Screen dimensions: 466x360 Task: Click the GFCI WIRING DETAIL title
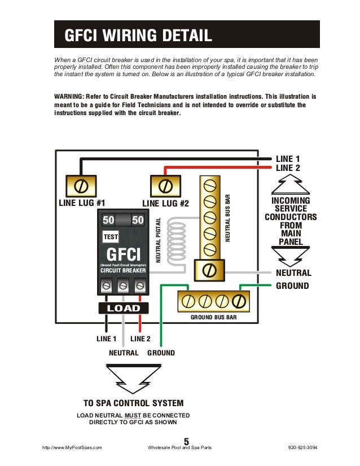138,36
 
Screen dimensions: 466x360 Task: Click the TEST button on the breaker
110,237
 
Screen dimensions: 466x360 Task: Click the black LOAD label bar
123,308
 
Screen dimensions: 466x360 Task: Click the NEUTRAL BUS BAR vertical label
228,219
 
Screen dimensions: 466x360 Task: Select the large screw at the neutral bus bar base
209,270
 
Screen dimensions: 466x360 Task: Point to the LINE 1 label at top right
288,159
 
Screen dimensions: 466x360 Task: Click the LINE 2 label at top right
288,168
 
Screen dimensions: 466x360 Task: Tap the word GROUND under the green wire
161,353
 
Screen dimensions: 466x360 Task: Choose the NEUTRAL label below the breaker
124,353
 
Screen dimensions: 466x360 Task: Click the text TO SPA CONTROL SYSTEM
133,403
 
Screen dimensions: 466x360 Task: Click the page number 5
186,441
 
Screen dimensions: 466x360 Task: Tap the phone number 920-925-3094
302,447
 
